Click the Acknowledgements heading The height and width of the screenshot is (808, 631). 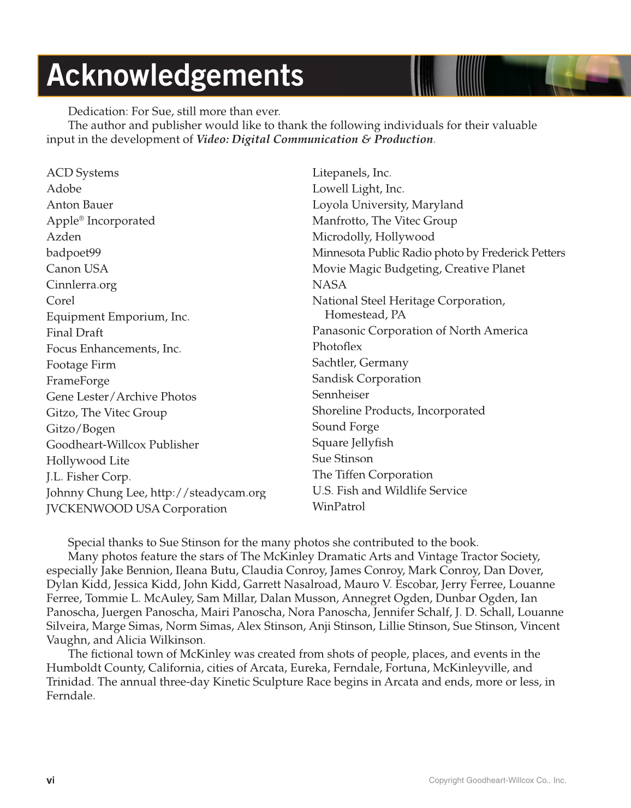click(x=175, y=75)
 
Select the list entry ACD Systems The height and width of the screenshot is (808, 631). click(x=82, y=173)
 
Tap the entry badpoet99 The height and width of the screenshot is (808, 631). click(x=74, y=252)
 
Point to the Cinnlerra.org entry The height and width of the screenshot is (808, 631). click(x=81, y=285)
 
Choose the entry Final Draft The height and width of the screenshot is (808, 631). click(x=75, y=333)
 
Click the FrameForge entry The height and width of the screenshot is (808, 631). click(x=78, y=381)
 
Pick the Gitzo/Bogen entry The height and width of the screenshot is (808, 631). click(x=81, y=429)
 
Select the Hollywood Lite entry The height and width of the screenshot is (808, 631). click(x=88, y=461)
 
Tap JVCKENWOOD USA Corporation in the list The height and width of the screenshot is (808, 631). click(x=136, y=509)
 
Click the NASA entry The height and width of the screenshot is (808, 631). click(x=329, y=285)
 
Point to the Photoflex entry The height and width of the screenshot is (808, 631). click(x=337, y=346)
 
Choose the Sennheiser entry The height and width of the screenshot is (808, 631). click(x=341, y=394)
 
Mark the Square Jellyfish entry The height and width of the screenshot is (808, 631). click(x=353, y=443)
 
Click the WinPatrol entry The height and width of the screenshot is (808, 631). click(x=338, y=506)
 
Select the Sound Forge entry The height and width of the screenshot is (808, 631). click(x=346, y=427)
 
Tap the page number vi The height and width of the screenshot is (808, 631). click(x=50, y=780)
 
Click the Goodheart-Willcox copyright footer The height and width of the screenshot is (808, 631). click(x=497, y=780)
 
